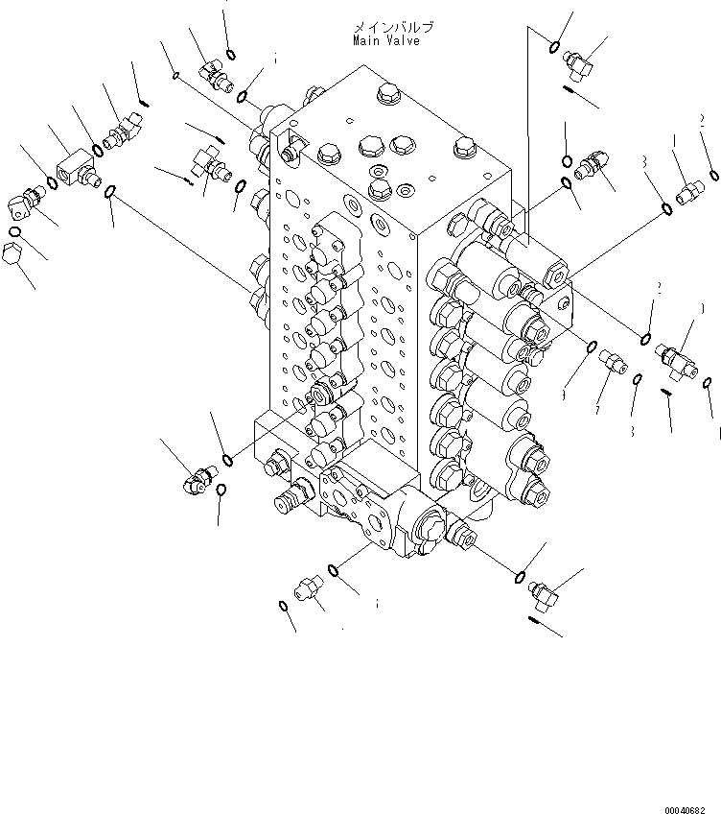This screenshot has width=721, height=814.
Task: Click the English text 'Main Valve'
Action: click(x=385, y=41)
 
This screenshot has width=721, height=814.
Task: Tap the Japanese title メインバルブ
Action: click(x=393, y=28)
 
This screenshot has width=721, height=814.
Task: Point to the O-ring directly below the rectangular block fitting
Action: click(x=110, y=195)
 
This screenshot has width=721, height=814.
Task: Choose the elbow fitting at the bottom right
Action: click(x=544, y=595)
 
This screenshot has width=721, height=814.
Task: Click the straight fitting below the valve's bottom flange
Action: click(x=310, y=587)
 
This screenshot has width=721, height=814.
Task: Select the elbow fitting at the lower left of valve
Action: click(x=196, y=477)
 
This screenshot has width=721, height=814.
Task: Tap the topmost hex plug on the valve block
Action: click(x=388, y=93)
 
